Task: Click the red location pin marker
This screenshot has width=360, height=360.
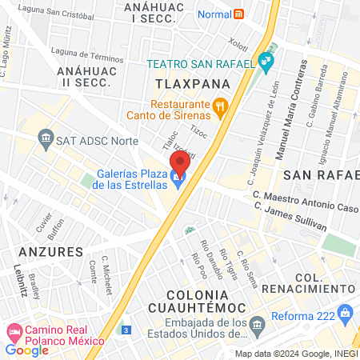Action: point(180,162)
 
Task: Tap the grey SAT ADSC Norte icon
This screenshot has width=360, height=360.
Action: point(45,138)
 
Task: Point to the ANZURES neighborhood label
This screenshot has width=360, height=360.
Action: point(50,251)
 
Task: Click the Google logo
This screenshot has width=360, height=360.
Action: point(27,350)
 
